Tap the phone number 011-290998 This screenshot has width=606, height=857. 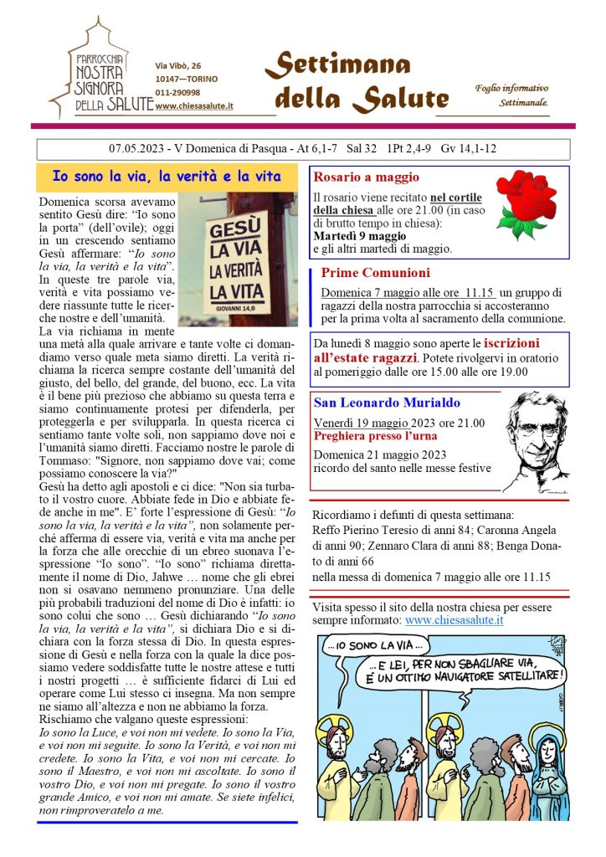tap(177, 92)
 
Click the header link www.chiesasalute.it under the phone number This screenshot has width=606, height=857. tap(194, 105)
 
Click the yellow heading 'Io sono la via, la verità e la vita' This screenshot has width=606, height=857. tap(167, 177)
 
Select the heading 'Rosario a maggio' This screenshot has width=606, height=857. tap(366, 177)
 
